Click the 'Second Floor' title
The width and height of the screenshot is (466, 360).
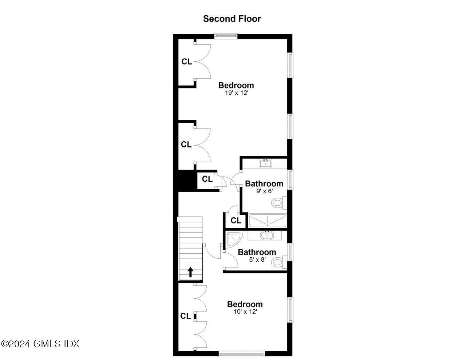(232, 19)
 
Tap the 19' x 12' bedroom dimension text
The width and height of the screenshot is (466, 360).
(236, 93)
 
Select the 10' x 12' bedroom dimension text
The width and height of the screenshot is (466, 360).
(245, 312)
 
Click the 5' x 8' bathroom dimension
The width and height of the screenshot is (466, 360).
(257, 260)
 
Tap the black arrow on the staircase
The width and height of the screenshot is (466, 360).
(190, 272)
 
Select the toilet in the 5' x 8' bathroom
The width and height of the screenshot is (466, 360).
(279, 261)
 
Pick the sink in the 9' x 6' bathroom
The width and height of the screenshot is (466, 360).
(265, 163)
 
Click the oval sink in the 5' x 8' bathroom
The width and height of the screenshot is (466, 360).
(267, 236)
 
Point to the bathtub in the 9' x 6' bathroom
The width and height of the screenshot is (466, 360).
(268, 221)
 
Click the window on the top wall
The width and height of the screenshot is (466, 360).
(226, 36)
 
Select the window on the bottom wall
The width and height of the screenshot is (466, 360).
(242, 353)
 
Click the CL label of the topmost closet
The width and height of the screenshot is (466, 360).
(187, 62)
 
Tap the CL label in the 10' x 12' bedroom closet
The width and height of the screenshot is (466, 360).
(185, 316)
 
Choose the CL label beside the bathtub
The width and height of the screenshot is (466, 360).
(236, 221)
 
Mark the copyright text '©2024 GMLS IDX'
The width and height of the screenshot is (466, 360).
(40, 343)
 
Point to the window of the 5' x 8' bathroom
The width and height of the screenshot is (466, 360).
(291, 252)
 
